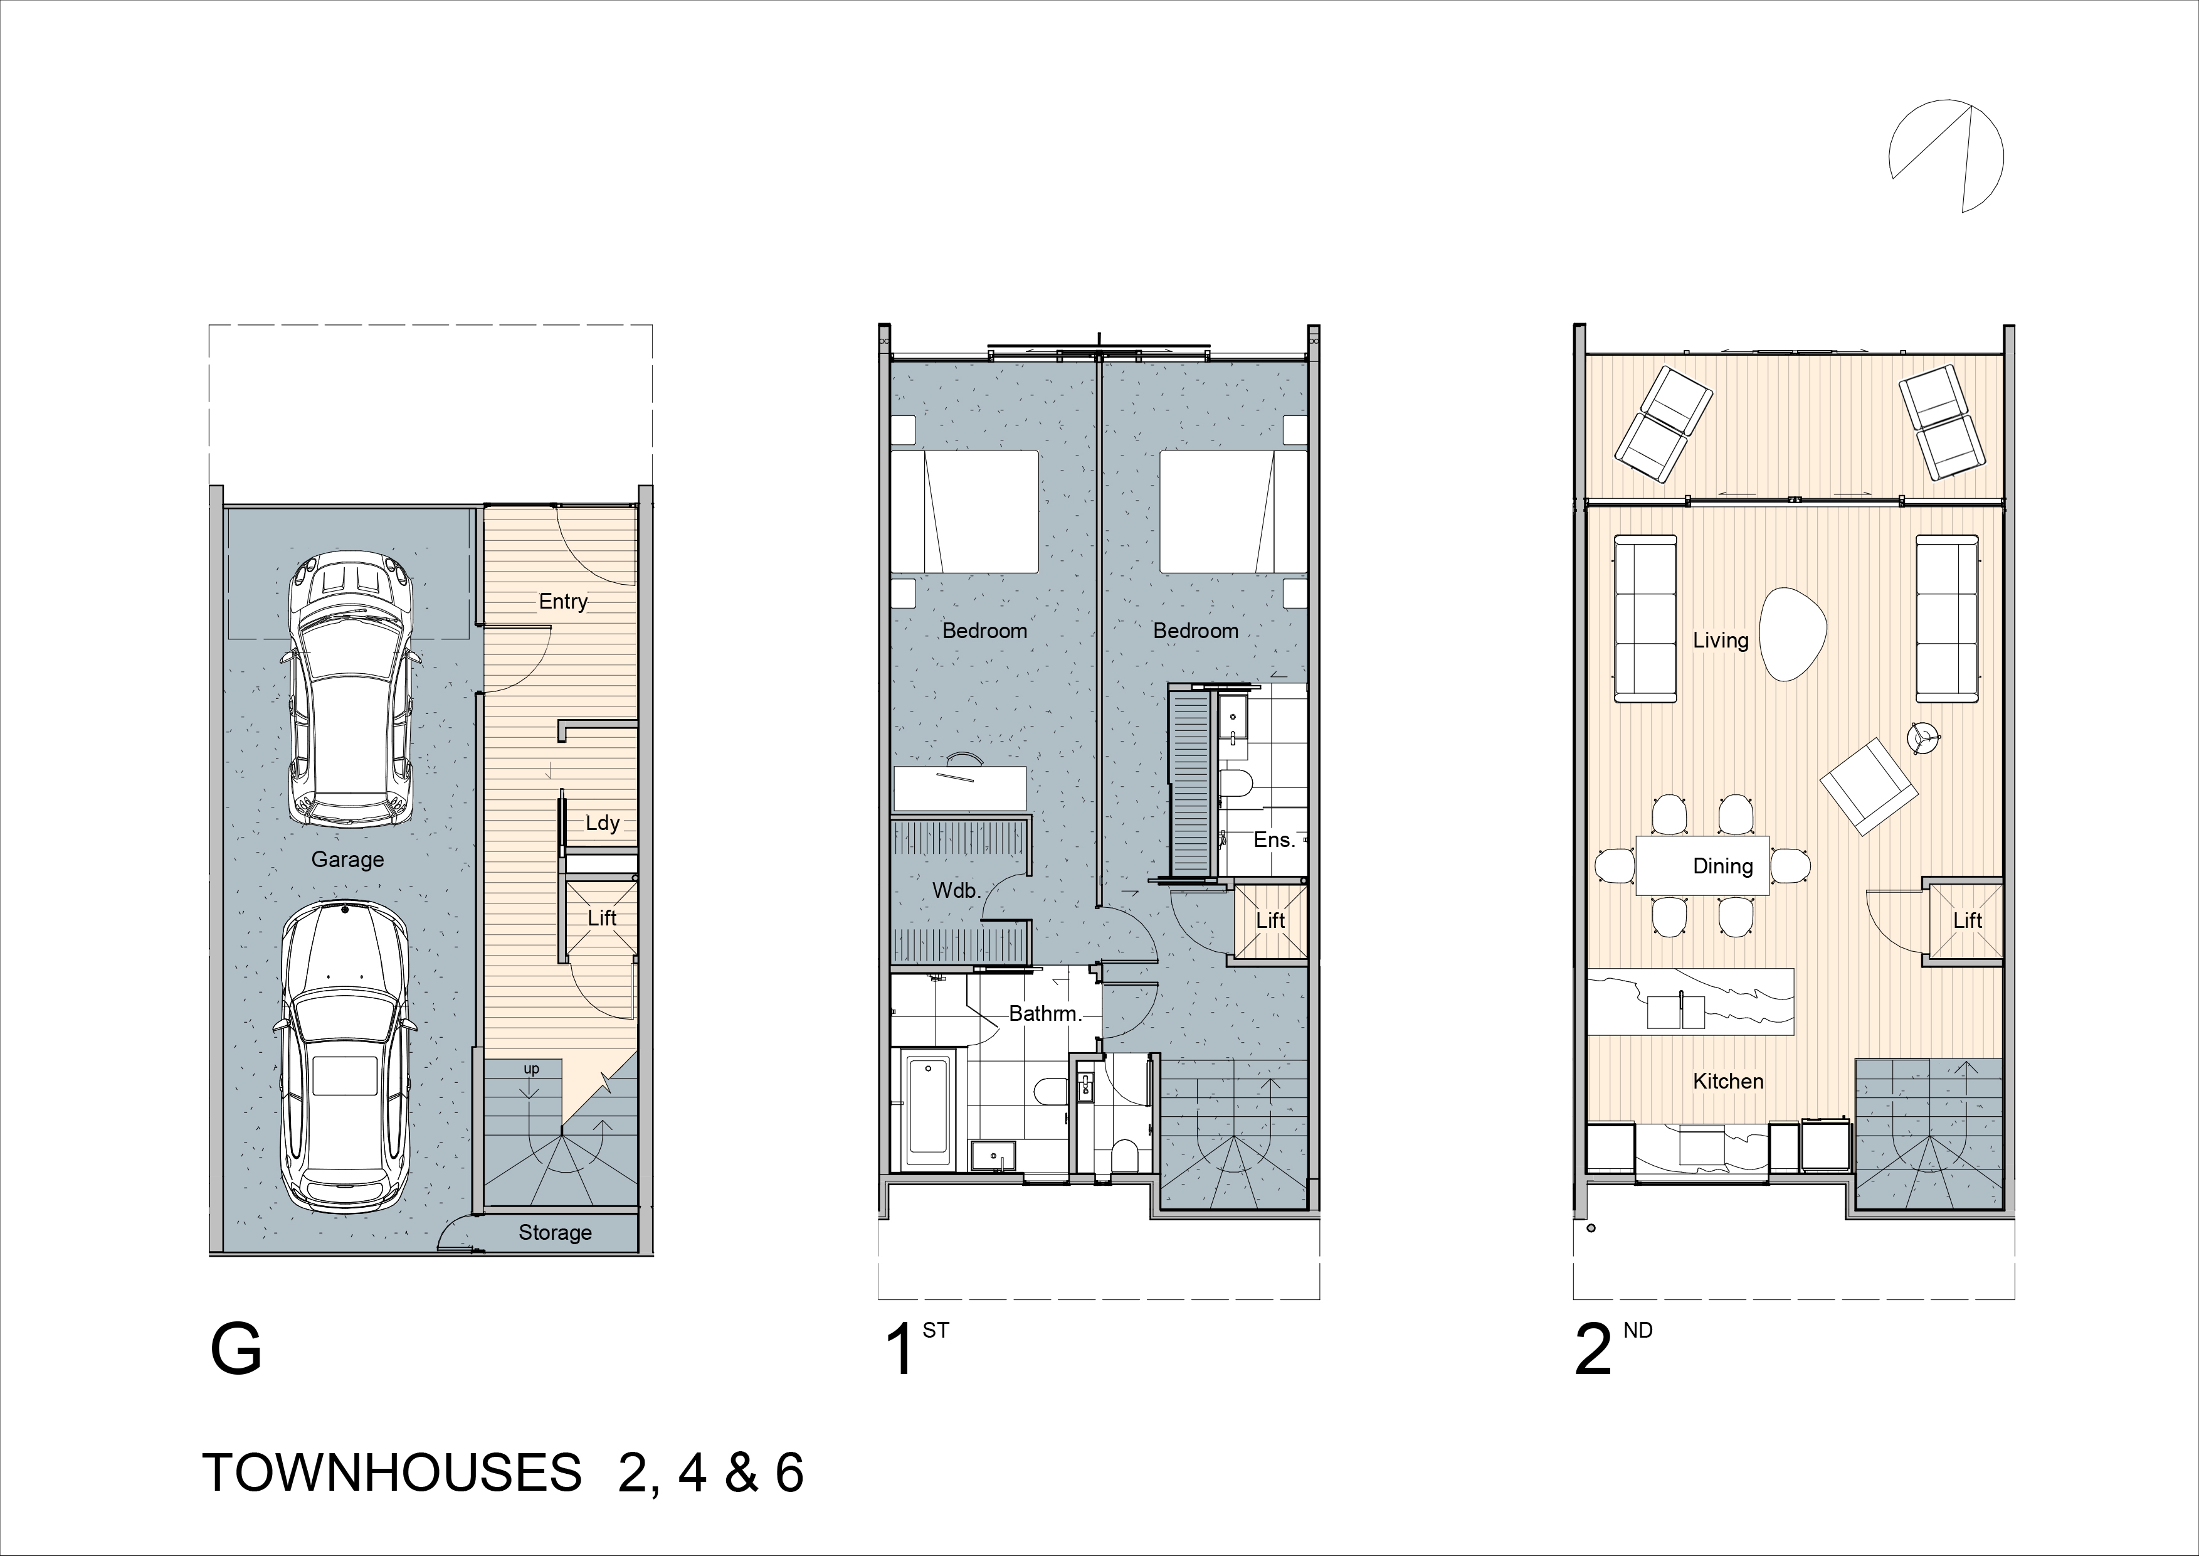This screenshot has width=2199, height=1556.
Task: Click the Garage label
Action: (x=347, y=860)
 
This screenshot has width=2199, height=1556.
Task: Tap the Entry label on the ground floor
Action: (x=562, y=602)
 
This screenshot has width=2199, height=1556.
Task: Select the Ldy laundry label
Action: (x=603, y=823)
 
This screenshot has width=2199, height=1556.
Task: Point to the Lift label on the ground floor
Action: (x=601, y=918)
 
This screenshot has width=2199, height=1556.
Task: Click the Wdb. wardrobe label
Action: (x=956, y=891)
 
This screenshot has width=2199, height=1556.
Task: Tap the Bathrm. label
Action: (x=1045, y=1014)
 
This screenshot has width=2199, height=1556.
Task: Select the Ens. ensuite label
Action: (x=1274, y=840)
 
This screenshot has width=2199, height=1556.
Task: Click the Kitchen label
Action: (x=1728, y=1082)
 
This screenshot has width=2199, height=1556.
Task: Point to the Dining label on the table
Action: (x=1723, y=866)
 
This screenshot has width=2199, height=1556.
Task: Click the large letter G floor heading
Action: (x=236, y=1350)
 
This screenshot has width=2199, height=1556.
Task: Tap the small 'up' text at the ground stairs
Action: (x=532, y=1068)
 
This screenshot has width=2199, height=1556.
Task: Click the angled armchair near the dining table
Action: (x=1870, y=787)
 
